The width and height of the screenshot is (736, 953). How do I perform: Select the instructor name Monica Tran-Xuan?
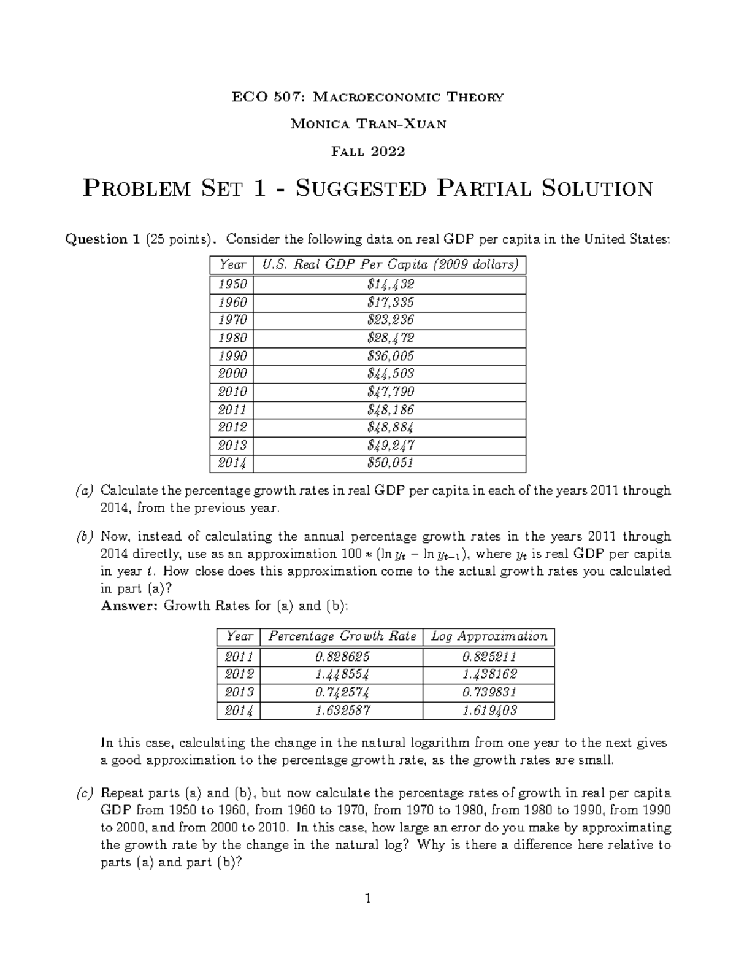pos(368,124)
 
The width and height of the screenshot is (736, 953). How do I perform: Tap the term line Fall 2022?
pos(368,151)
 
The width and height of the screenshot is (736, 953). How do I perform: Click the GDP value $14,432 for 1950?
pos(390,284)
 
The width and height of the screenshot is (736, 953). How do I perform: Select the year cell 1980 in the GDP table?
pos(232,338)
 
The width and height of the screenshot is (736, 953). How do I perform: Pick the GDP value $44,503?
pos(390,373)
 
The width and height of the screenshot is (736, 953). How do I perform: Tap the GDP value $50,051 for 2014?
pos(390,463)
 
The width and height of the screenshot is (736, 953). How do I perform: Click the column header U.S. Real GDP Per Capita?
pos(390,264)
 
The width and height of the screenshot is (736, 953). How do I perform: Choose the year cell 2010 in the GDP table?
pos(232,392)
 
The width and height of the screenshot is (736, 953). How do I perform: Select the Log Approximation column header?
pos(489,636)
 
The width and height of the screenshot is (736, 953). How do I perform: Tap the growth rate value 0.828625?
pos(342,657)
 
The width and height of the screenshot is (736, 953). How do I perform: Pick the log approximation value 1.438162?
pos(489,674)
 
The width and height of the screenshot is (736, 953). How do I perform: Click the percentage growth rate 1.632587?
pos(342,711)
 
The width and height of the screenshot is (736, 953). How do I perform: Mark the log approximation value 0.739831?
pos(489,693)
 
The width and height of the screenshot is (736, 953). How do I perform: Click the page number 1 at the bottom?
pos(368,900)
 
